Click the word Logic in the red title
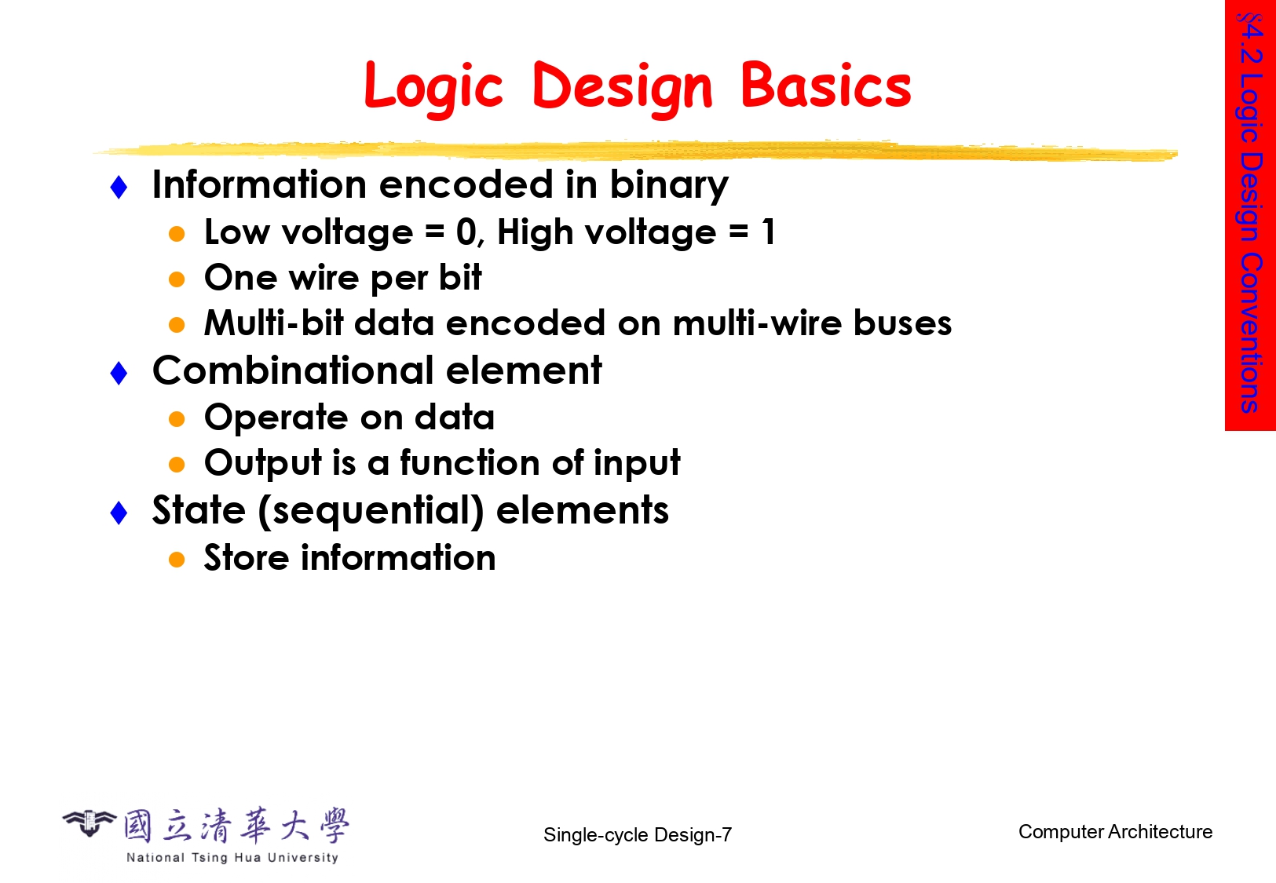tap(433, 88)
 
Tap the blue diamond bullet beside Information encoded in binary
tap(119, 188)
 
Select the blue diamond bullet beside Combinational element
tap(119, 374)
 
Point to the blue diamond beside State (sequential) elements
tap(119, 513)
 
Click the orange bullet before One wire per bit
tap(177, 279)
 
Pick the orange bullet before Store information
tap(177, 560)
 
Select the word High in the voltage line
tap(535, 233)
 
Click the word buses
tap(902, 323)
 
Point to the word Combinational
tap(294, 370)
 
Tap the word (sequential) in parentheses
tap(371, 511)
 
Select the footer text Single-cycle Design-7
tap(638, 835)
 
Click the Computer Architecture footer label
tap(1115, 832)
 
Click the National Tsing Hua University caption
tap(232, 857)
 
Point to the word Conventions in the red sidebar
tap(1250, 333)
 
